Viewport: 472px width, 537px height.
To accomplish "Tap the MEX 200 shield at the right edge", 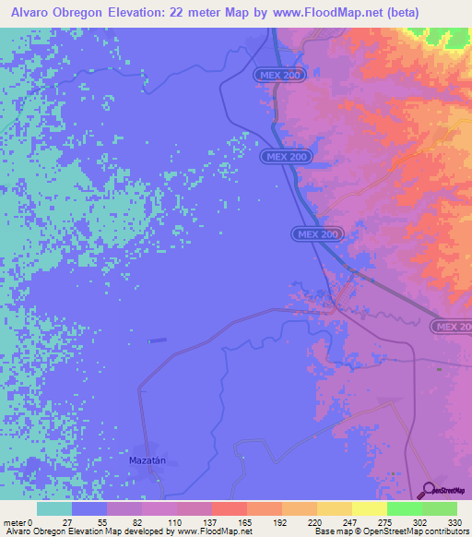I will tap(452, 327).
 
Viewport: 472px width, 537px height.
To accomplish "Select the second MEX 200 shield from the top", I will tap(286, 158).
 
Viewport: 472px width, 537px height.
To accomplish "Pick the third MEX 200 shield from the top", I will tap(318, 235).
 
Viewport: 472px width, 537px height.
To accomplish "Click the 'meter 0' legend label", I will tap(18, 521).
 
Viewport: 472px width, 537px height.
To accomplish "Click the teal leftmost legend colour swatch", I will tap(53, 508).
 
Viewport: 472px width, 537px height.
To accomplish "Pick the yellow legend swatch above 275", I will tap(369, 508).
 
